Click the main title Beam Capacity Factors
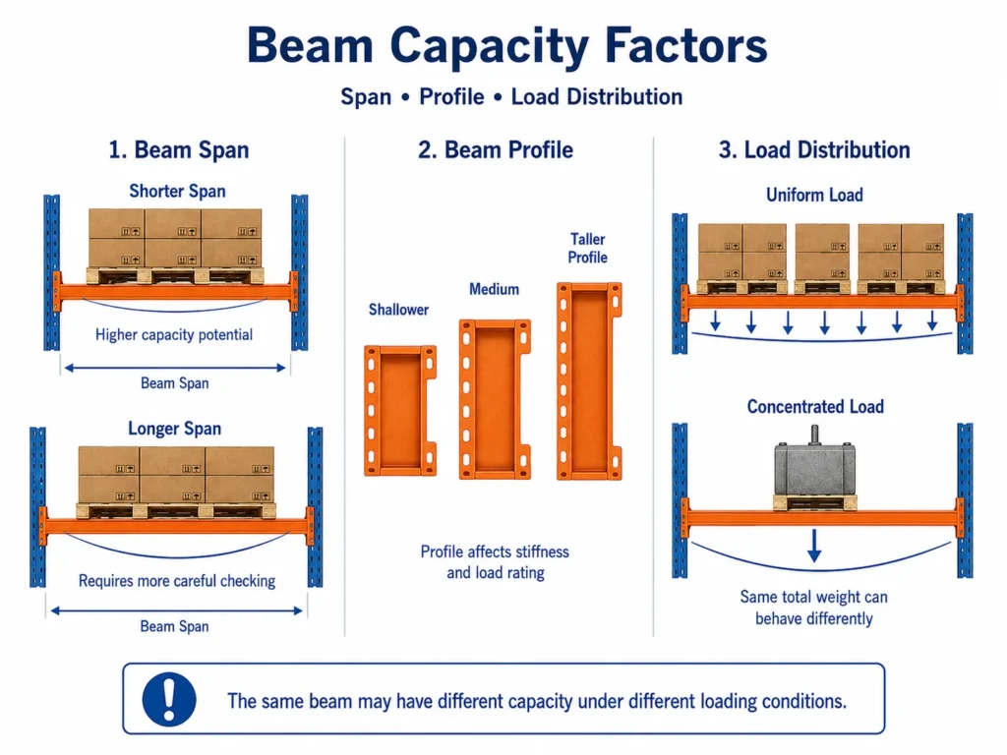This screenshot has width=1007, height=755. pyautogui.click(x=507, y=45)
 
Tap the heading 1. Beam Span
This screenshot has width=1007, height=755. pyautogui.click(x=179, y=149)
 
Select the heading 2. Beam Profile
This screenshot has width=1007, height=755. pyautogui.click(x=496, y=149)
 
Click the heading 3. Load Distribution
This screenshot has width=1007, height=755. pyautogui.click(x=813, y=149)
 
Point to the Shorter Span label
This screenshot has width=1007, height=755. pyautogui.click(x=177, y=192)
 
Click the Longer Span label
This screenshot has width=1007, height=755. pyautogui.click(x=175, y=429)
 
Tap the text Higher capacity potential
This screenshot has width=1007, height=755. pyautogui.click(x=174, y=334)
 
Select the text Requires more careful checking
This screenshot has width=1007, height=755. pyautogui.click(x=177, y=581)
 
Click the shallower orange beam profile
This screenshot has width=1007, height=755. pyautogui.click(x=400, y=411)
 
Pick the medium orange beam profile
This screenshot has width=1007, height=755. pyautogui.click(x=495, y=399)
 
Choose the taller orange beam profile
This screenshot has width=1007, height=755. pyautogui.click(x=589, y=381)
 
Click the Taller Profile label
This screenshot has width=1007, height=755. pyautogui.click(x=588, y=248)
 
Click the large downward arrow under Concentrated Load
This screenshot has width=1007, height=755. pyautogui.click(x=814, y=547)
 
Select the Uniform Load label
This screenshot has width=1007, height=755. pyautogui.click(x=814, y=195)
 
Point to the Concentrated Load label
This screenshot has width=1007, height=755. pyautogui.click(x=815, y=406)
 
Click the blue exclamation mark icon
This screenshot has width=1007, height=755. pyautogui.click(x=169, y=699)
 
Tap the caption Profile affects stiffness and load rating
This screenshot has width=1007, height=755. pyautogui.click(x=496, y=561)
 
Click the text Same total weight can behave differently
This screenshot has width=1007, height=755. pyautogui.click(x=813, y=608)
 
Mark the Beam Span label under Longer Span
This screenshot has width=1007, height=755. pyautogui.click(x=175, y=626)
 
